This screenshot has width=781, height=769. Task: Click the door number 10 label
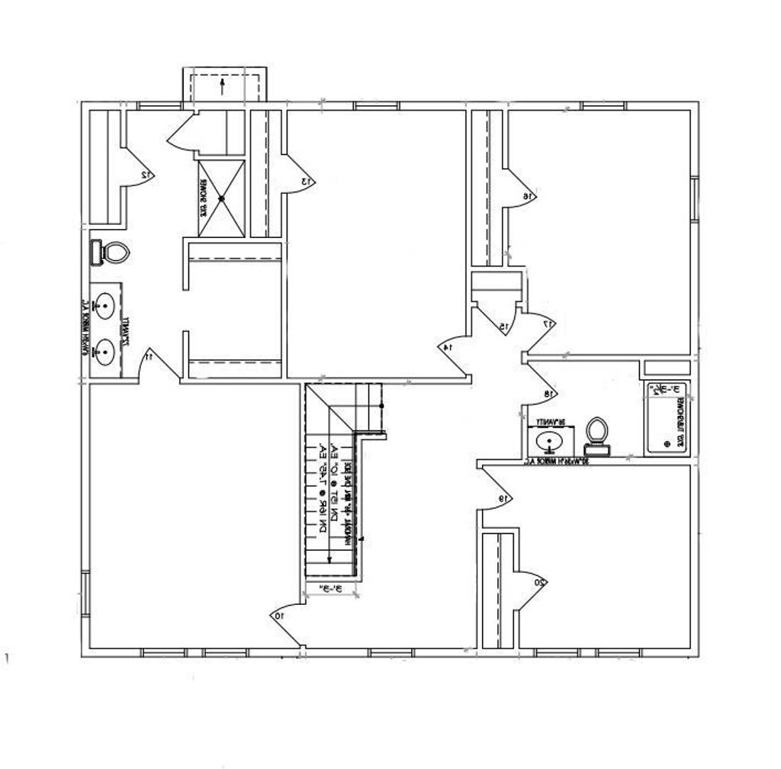[278, 615]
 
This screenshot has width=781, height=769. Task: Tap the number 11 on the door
[149, 356]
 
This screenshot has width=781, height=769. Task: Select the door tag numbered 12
[146, 175]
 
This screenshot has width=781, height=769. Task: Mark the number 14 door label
[447, 348]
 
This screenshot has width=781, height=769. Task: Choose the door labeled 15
[504, 327]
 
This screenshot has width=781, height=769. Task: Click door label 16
[526, 196]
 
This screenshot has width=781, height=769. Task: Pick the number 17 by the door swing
[546, 323]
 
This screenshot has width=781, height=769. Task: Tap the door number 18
[547, 394]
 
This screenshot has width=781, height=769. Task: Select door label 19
[503, 499]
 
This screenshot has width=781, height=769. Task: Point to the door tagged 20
[539, 582]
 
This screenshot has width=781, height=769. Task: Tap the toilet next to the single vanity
[596, 432]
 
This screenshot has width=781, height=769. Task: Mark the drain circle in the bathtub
[667, 443]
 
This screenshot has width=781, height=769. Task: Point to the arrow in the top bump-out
[223, 84]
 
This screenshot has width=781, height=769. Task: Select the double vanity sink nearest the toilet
[104, 307]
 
